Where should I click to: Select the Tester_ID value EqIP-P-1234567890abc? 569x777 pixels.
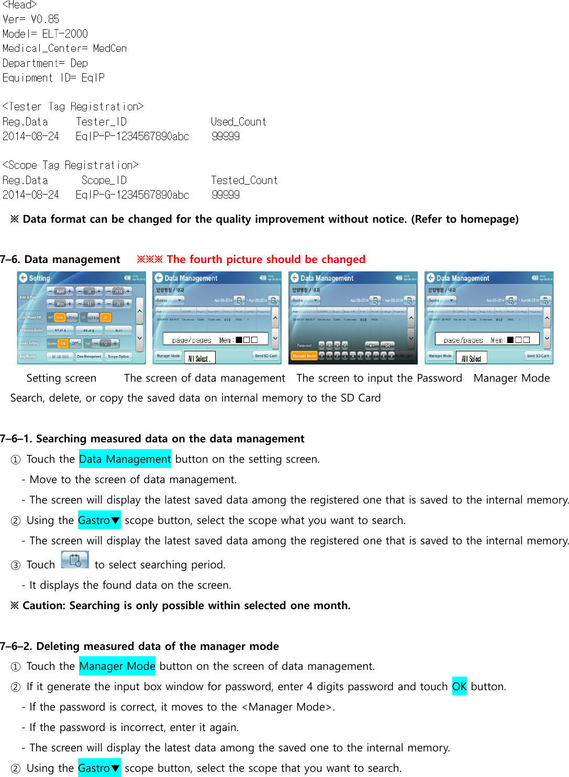(x=132, y=136)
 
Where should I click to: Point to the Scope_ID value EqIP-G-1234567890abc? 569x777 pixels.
(x=132, y=195)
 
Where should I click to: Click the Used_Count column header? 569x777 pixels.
(x=238, y=122)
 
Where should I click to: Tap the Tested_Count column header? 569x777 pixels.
(x=244, y=180)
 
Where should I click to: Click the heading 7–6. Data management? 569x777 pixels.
(x=60, y=259)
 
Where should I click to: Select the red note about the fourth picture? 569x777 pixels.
(x=251, y=259)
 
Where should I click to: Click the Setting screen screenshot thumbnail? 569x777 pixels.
(x=81, y=318)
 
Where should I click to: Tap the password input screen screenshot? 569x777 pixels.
(x=353, y=318)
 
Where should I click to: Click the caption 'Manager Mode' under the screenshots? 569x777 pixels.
(x=511, y=378)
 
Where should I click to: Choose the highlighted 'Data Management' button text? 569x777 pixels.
(x=125, y=459)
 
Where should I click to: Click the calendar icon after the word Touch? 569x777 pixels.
(x=75, y=560)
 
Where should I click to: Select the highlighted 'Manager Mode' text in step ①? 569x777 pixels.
(x=117, y=666)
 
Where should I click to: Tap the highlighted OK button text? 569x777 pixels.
(x=459, y=687)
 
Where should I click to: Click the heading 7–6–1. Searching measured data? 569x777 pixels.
(x=152, y=439)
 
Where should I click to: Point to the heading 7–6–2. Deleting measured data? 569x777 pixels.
(x=139, y=646)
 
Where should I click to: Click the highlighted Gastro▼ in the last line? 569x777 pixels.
(x=99, y=768)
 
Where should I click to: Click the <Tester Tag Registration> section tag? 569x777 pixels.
(x=73, y=107)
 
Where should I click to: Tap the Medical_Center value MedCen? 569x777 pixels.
(x=110, y=49)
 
